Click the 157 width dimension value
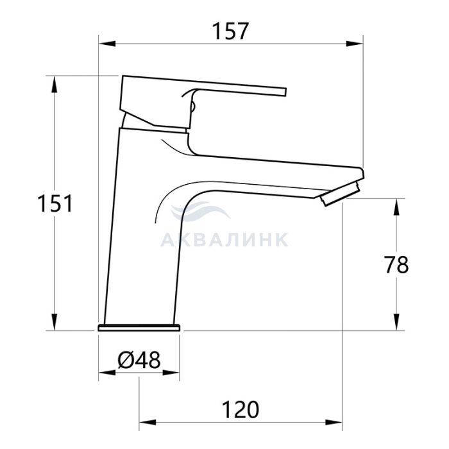[x=230, y=31]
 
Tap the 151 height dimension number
[x=55, y=203]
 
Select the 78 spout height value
[x=396, y=265]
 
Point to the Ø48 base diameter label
[x=139, y=360]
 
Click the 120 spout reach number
[x=241, y=410]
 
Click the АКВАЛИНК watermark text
[x=224, y=240]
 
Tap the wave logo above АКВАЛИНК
[x=199, y=211]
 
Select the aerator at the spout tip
[x=340, y=194]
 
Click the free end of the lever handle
[x=286, y=92]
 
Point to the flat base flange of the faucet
[x=139, y=328]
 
